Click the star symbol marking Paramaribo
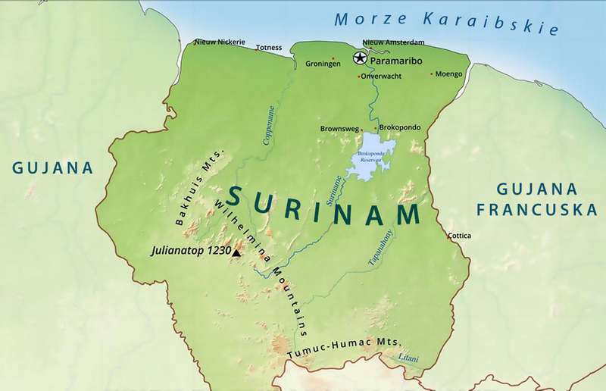(x=359, y=58)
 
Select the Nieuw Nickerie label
(x=220, y=42)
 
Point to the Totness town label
(x=269, y=47)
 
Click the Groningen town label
(x=323, y=64)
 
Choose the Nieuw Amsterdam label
(x=393, y=42)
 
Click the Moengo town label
(x=448, y=74)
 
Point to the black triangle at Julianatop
(x=237, y=253)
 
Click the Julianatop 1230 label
(x=190, y=249)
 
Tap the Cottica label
(x=459, y=236)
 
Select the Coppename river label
(x=267, y=126)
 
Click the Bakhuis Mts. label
(x=192, y=192)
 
